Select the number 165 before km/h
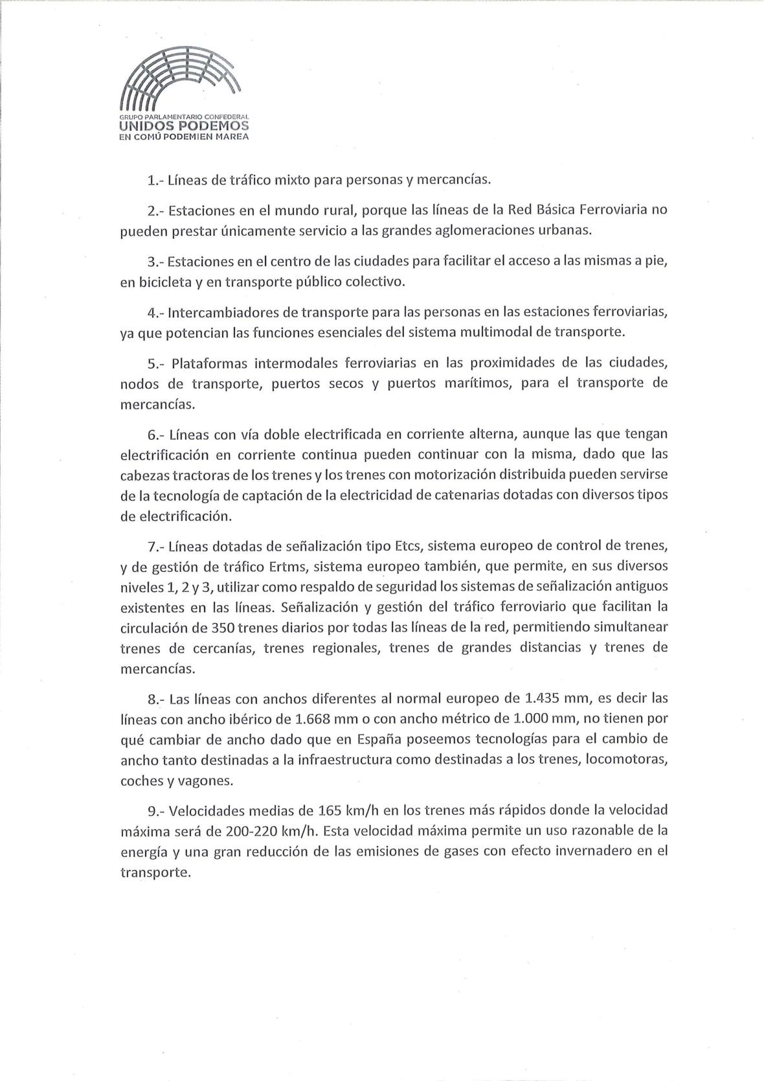pyautogui.click(x=334, y=810)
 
